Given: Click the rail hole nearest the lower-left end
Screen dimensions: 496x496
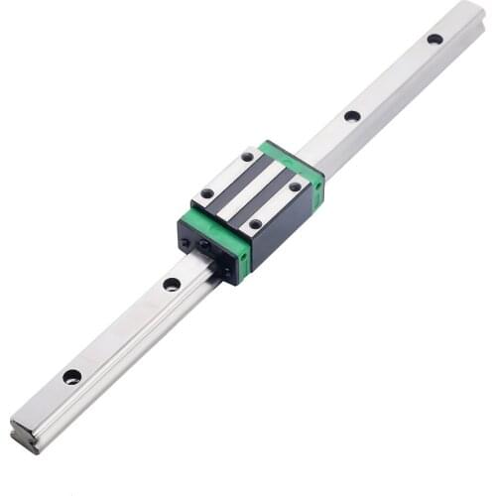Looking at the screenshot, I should pos(71,376).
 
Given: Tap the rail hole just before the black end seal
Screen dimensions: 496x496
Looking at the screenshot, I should pos(172,284).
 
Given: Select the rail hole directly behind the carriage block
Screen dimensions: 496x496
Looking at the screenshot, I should pos(352,116).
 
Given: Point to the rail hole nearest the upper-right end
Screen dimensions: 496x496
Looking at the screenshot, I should pos(434,39).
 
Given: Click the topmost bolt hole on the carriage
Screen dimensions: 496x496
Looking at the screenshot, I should pos(246,156).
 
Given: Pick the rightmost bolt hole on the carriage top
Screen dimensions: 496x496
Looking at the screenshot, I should pos(295,186).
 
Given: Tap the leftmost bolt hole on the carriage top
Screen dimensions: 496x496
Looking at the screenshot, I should pos(207,193).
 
